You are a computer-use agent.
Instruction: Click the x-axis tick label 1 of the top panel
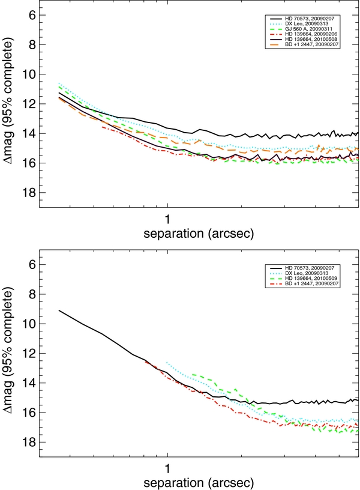167,217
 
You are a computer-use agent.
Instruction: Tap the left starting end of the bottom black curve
59,310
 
